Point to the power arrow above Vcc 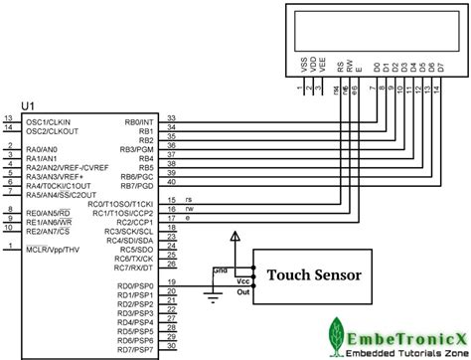(x=235, y=237)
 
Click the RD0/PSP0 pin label (x=137, y=285)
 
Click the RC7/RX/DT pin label (x=133, y=267)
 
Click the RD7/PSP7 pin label (x=137, y=351)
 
